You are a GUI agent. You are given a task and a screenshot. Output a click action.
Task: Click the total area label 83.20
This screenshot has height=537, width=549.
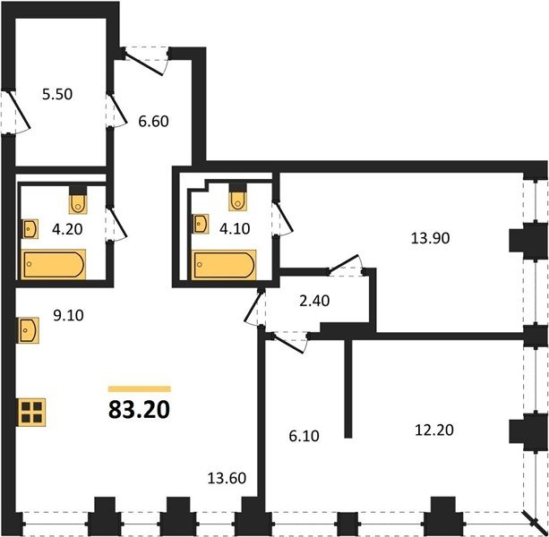(x=140, y=410)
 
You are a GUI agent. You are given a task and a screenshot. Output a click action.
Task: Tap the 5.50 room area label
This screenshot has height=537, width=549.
(x=57, y=94)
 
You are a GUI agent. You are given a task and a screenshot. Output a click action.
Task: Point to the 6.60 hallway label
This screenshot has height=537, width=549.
(x=153, y=122)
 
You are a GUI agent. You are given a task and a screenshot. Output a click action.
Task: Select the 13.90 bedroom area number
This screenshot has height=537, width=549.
(x=430, y=238)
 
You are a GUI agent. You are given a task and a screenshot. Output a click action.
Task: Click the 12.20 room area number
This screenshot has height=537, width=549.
(x=434, y=430)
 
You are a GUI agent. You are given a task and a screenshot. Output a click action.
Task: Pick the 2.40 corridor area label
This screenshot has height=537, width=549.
(x=314, y=301)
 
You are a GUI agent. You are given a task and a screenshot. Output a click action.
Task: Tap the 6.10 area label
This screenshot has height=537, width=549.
(x=304, y=436)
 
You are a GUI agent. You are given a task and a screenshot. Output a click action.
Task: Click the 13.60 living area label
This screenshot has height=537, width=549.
(x=227, y=478)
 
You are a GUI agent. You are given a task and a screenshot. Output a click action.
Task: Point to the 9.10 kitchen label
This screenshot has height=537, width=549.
(x=68, y=316)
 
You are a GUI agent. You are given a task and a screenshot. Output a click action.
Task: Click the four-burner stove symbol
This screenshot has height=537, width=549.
(x=31, y=412)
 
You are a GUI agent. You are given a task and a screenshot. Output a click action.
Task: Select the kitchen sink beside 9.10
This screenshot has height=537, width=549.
(x=29, y=330)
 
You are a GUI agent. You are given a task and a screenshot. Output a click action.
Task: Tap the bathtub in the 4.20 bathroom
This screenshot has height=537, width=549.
(x=53, y=265)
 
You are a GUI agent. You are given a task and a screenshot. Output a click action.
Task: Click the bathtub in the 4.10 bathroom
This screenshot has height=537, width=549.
(x=223, y=265)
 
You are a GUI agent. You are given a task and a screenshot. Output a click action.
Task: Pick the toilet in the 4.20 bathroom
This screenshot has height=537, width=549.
(x=78, y=200)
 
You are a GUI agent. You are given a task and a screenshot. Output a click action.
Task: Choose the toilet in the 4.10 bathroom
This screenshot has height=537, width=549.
(x=238, y=198)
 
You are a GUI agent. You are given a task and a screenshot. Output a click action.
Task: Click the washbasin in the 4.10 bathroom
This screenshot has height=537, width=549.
(x=201, y=224)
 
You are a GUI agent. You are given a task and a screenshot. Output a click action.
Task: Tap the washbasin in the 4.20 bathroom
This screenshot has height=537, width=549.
(x=30, y=229)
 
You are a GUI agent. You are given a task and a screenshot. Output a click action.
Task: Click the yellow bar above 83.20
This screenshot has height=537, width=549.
(x=140, y=389)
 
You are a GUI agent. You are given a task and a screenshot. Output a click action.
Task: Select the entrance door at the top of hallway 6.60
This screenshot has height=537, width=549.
(x=146, y=60)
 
